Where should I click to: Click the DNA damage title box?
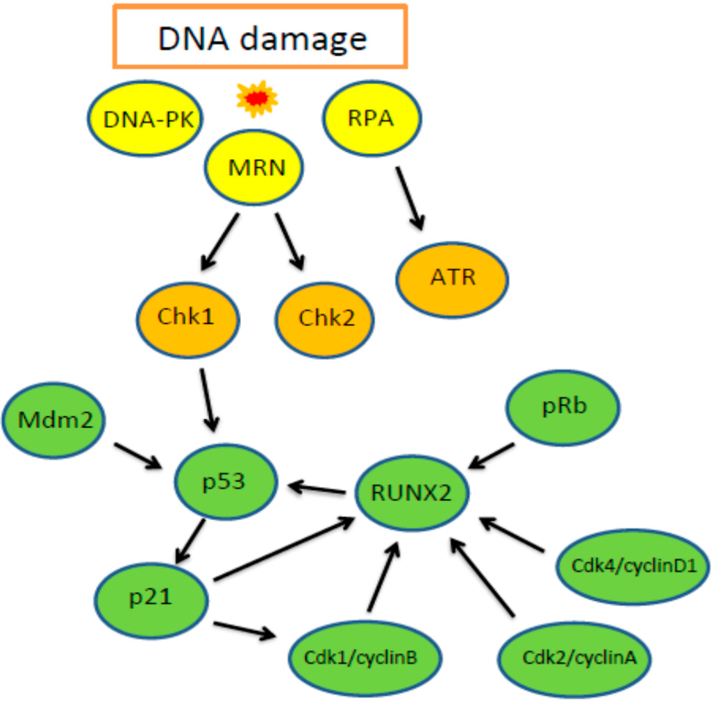(260, 37)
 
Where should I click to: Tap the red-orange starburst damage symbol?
(257, 98)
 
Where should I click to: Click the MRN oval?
(254, 168)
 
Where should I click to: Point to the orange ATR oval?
(453, 278)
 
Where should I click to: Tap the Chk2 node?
(325, 319)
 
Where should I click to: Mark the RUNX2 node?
(411, 493)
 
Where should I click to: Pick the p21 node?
(151, 598)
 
